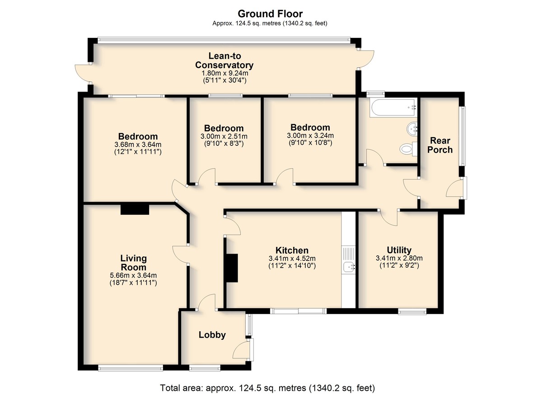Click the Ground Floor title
click(270, 14)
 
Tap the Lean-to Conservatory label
click(224, 60)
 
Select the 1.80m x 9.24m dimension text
click(225, 73)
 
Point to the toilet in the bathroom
click(409, 148)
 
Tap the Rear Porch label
click(440, 145)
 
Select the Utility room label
click(399, 250)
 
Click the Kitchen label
click(292, 250)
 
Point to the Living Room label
click(133, 263)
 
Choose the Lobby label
click(212, 335)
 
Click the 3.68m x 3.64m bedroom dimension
click(138, 144)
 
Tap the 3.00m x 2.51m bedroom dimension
click(224, 136)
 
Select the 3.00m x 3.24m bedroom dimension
click(310, 135)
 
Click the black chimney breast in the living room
click(135, 209)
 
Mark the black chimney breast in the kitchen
click(232, 268)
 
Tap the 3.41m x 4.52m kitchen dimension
click(292, 259)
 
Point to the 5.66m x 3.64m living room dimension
click(133, 275)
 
